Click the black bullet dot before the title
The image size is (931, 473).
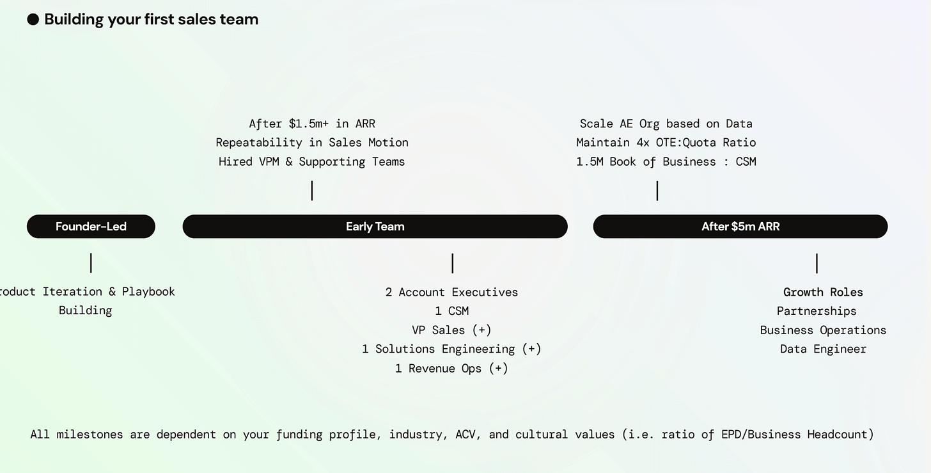click(x=33, y=20)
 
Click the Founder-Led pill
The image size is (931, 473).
click(x=91, y=227)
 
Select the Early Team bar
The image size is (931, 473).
click(x=375, y=227)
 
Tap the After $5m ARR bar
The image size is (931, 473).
click(x=740, y=227)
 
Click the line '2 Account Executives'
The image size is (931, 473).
click(x=451, y=292)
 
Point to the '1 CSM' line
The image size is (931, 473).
click(x=451, y=311)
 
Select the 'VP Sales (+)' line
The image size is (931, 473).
click(x=451, y=330)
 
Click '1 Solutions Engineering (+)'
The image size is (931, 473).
click(x=451, y=349)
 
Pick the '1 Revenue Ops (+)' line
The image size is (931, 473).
click(x=451, y=368)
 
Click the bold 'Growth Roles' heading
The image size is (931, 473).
click(x=823, y=292)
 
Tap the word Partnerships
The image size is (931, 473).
click(x=817, y=311)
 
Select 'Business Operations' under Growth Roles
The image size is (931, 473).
click(x=823, y=330)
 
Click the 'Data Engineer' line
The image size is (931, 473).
click(x=823, y=349)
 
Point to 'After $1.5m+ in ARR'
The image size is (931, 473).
click(x=311, y=124)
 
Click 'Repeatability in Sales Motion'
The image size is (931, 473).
click(x=311, y=142)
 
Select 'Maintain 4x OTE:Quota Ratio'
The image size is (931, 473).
click(x=666, y=142)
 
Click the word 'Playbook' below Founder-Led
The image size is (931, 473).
click(x=148, y=292)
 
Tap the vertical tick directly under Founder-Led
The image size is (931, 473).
click(x=91, y=262)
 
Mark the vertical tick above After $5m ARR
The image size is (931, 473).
click(x=657, y=191)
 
